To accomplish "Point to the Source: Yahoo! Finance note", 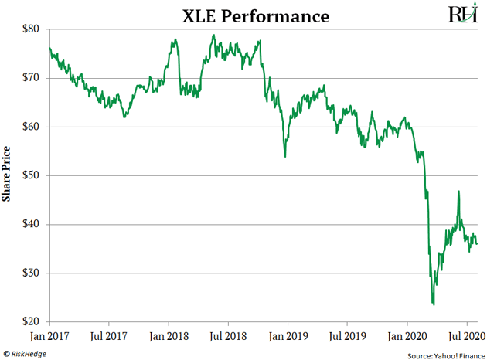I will tap(443, 353).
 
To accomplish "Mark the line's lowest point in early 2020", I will tap(434, 304).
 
